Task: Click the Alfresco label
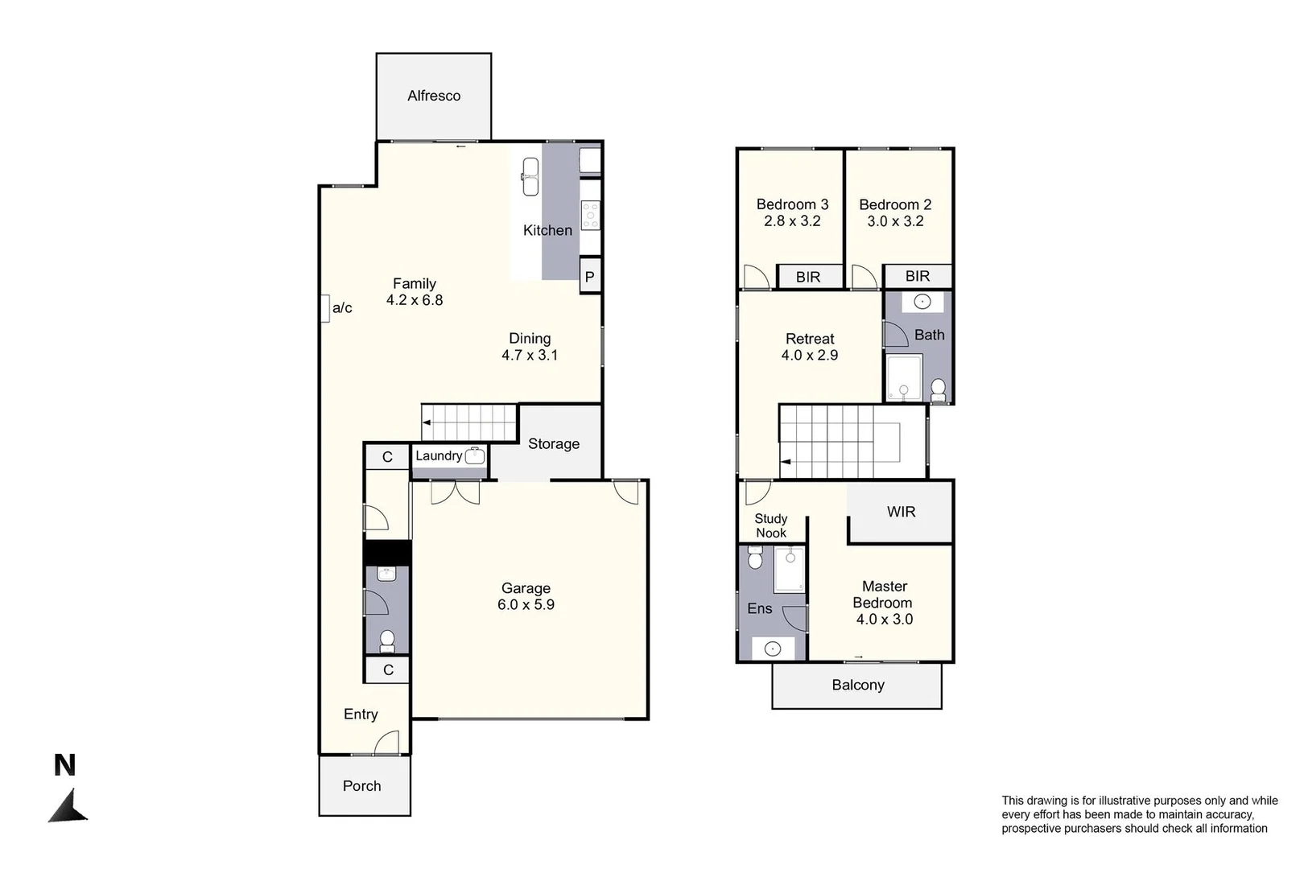point(434,96)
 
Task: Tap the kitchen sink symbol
point(530,176)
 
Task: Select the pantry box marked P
point(590,277)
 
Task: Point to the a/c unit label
point(342,308)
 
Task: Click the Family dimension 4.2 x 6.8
point(415,300)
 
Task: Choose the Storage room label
point(554,444)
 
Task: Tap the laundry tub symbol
point(475,455)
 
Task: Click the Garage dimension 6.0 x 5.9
point(526,605)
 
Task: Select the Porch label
point(362,786)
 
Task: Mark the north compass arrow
point(69,806)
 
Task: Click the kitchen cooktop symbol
point(591,215)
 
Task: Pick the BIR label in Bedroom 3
point(808,277)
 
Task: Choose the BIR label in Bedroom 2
point(918,276)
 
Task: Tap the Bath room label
point(930,335)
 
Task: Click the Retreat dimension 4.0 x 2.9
point(810,355)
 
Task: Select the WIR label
point(902,512)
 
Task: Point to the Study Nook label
point(771,526)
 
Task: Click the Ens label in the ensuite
point(760,608)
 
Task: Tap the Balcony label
point(858,685)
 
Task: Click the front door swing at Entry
point(387,743)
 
